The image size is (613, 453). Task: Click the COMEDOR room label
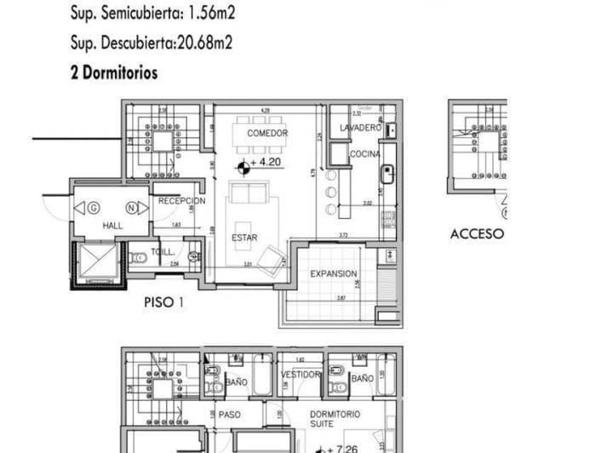pos(267,134)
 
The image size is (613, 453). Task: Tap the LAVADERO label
pos(360,128)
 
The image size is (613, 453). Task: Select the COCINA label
pos(365,154)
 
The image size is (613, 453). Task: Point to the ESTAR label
pos(244,238)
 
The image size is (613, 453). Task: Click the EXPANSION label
pos(333,273)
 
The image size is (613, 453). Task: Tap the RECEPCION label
pos(181,201)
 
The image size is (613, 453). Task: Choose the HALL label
pos(113,226)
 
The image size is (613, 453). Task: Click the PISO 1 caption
pos(163,301)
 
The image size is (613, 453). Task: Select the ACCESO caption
pos(477,233)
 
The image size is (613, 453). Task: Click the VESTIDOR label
pos(301,375)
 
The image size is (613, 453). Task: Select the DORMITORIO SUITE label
pos(335,419)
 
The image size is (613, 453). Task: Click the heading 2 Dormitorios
pos(114,73)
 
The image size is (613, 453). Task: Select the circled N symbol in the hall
pos(132,207)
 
